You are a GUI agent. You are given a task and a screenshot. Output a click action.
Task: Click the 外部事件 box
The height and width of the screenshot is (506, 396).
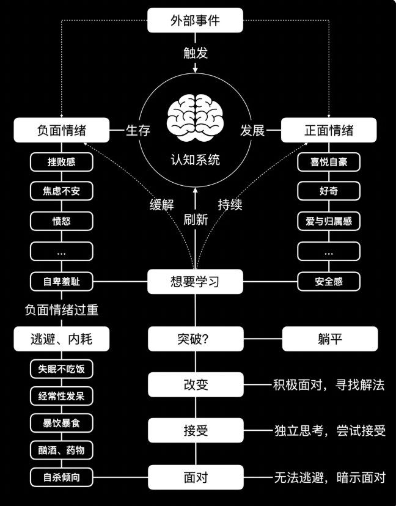tap(195, 20)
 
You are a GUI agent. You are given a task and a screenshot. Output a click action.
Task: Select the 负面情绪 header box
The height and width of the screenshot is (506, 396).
tap(61, 130)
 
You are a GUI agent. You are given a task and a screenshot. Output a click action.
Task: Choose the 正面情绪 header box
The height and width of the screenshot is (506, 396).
tap(329, 130)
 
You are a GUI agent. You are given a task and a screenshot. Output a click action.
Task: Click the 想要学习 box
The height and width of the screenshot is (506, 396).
tap(195, 282)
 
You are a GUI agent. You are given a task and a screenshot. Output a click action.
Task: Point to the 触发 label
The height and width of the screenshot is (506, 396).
tap(196, 53)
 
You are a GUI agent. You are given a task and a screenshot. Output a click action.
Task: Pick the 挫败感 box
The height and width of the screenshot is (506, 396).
tap(61, 162)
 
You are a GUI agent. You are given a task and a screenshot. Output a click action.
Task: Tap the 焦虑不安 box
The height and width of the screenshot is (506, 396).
tap(61, 191)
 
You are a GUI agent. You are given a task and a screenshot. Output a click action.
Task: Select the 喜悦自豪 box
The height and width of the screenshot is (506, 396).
tap(329, 162)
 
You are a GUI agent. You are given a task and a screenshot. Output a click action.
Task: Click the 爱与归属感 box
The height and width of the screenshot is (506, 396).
tap(329, 221)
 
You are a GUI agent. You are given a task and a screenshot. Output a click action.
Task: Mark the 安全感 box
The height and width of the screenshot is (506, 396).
tap(329, 282)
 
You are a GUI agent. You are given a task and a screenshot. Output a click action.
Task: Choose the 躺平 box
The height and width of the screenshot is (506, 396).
tap(329, 339)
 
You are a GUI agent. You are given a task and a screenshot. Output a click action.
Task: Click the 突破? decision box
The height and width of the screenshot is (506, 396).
tap(195, 339)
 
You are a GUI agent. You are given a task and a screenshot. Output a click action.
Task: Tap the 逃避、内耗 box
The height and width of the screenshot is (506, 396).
tap(61, 339)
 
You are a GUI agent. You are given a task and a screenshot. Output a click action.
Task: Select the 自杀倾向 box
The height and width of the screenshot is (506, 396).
tap(61, 477)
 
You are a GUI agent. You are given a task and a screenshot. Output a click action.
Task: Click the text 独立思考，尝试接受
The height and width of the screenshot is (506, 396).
tap(329, 431)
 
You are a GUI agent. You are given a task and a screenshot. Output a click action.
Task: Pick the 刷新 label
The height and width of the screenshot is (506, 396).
tap(196, 220)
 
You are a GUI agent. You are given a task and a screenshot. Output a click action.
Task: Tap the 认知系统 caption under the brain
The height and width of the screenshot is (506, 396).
tap(195, 160)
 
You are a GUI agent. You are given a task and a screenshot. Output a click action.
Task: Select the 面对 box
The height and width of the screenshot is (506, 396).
tap(195, 477)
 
